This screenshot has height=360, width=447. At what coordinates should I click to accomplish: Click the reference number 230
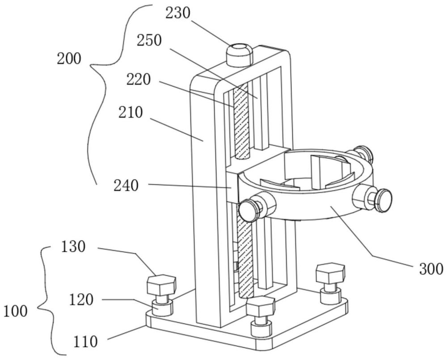178,13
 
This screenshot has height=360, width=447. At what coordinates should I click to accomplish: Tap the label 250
149,40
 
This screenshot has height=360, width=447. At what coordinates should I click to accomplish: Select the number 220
139,80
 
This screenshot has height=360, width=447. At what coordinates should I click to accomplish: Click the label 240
126,186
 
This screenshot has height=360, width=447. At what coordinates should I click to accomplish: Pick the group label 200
69,59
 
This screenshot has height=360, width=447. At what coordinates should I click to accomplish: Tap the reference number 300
431,269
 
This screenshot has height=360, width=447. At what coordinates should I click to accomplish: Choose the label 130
73,246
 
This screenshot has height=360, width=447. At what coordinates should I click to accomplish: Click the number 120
81,300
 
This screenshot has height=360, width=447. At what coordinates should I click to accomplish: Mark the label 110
85,341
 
